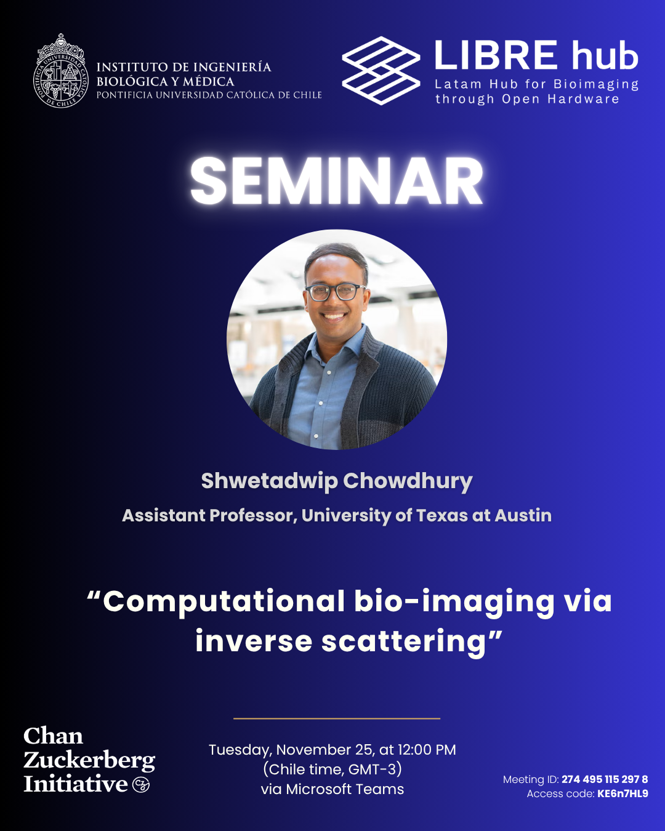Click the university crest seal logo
point(61,71)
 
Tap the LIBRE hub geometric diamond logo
point(381,71)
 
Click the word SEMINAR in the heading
point(337,181)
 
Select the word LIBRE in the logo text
point(496,55)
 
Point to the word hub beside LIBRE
point(605,55)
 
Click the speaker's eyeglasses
point(334,292)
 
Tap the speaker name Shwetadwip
point(269,482)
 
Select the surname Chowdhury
point(408,482)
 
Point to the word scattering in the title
point(403,642)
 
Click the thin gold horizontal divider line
point(337,718)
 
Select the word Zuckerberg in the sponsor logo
point(89,761)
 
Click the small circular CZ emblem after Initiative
point(140,784)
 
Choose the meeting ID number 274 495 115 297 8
point(605,779)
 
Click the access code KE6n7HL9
point(623,793)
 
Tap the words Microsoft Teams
point(345,789)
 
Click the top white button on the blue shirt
point(329,372)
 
